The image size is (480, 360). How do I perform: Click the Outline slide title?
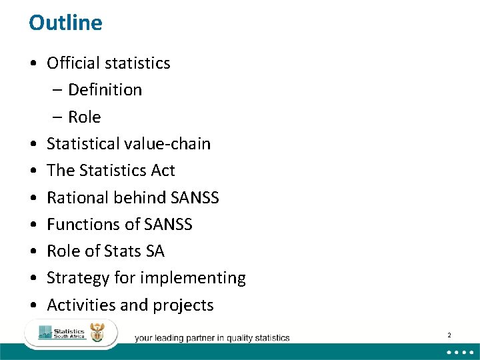point(65,23)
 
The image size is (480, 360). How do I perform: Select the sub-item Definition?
point(105,90)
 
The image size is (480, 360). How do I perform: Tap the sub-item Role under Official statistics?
point(84,117)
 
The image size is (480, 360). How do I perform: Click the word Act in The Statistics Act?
point(163,171)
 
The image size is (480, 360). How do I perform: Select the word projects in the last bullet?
point(183,305)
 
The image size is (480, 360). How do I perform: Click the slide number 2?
point(449,335)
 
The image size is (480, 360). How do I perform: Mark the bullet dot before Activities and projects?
point(33,305)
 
